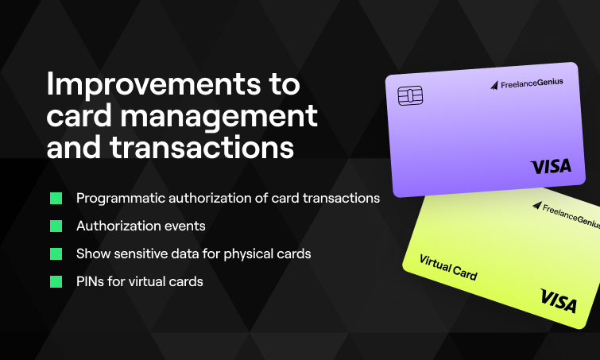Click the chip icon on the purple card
click(x=410, y=95)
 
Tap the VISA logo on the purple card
click(x=551, y=166)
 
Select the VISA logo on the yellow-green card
click(x=559, y=301)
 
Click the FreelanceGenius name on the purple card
click(x=532, y=83)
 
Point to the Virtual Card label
click(x=448, y=268)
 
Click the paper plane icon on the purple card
click(x=494, y=85)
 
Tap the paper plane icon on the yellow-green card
click(x=537, y=206)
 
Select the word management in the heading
click(x=219, y=116)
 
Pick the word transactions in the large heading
click(x=202, y=147)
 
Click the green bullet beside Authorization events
click(x=56, y=226)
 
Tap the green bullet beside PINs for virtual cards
click(x=56, y=281)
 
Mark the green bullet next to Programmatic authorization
click(x=56, y=198)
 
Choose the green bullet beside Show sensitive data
click(x=56, y=254)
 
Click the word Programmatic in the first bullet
click(x=120, y=199)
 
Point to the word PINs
click(x=90, y=281)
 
